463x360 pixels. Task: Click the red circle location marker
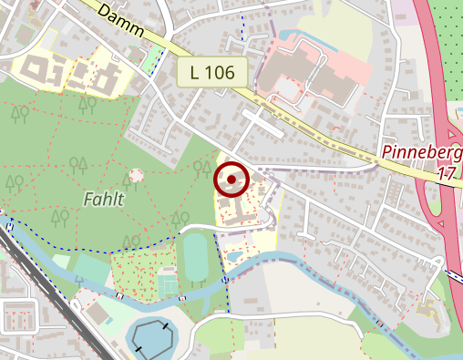click(231, 180)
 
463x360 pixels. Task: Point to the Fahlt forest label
click(103, 198)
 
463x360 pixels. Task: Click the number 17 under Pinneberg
click(446, 172)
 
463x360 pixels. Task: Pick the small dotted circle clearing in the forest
click(137, 174)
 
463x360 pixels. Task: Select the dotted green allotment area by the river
click(133, 274)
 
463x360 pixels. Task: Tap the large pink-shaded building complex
click(310, 73)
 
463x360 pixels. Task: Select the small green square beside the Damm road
click(149, 61)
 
